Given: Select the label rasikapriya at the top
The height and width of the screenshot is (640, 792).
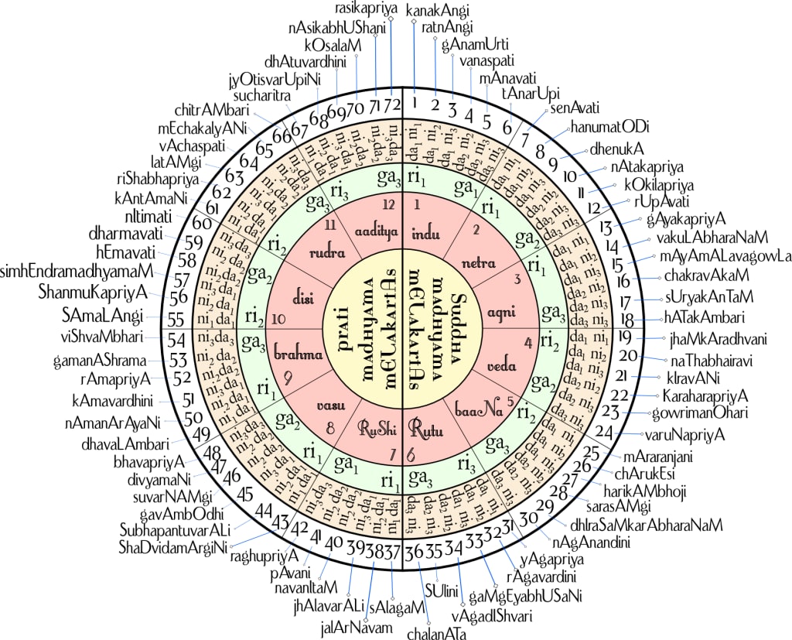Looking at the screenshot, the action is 367,9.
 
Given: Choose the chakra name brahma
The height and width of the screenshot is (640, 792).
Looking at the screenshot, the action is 296,355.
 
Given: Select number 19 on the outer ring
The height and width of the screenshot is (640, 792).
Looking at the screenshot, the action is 625,337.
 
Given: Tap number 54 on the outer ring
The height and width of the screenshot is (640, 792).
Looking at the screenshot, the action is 176,339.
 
